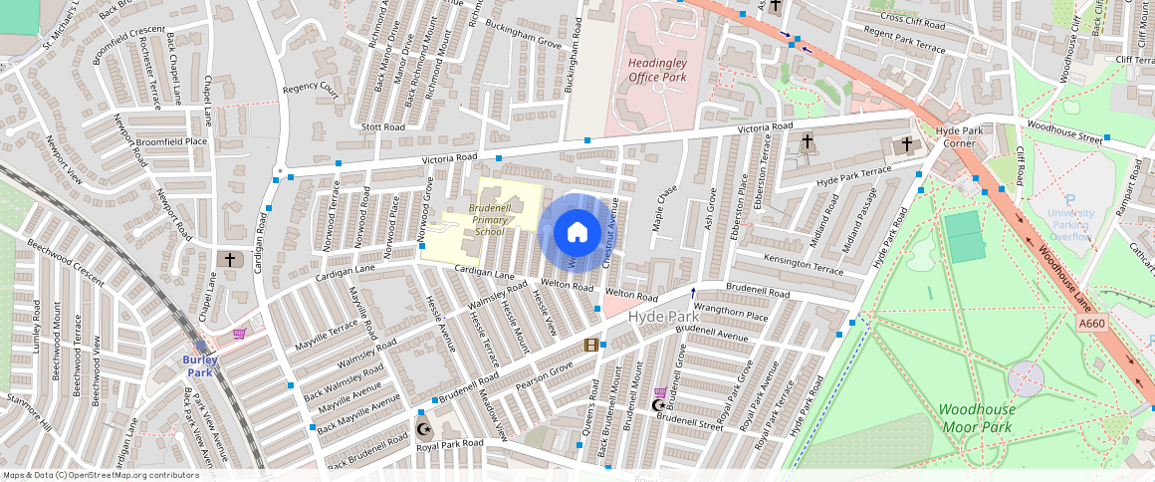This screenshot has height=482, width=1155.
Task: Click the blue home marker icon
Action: pos(577,232)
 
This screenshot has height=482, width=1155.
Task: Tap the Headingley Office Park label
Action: pos(657,70)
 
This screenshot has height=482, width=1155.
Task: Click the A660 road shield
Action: pos(1091,324)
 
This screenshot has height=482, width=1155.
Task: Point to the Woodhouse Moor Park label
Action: pos(977,418)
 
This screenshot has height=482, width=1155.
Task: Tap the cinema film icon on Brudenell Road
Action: pos(591,346)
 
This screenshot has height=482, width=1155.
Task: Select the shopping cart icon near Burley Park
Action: pos(239,334)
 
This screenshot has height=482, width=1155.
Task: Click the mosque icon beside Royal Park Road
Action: pos(424,429)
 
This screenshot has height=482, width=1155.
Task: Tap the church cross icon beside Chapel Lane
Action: pos(229,259)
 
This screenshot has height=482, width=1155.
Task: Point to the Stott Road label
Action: pos(383,127)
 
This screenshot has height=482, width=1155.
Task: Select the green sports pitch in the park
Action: pos(964,237)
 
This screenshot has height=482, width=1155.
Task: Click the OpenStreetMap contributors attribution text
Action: pos(102,475)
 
